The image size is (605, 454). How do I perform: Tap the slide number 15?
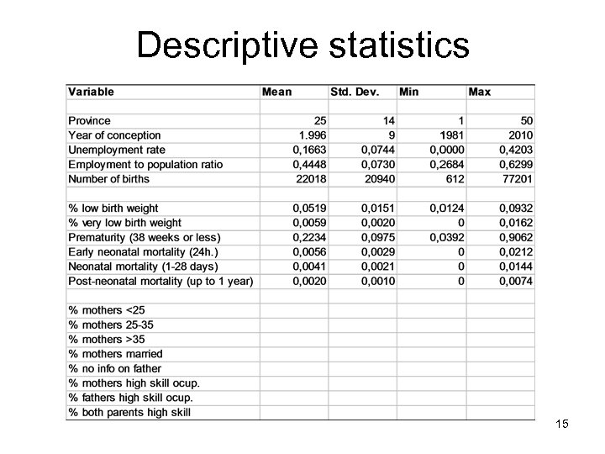coord(562,425)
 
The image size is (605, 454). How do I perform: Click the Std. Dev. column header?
coord(355,91)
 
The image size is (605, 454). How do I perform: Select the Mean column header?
coord(277,91)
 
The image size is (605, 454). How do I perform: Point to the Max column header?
coord(480,91)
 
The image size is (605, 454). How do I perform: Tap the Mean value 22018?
coord(308,178)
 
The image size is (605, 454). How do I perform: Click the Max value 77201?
coord(516,178)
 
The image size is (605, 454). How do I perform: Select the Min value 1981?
coord(450,135)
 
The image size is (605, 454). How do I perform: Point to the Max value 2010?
coord(519,135)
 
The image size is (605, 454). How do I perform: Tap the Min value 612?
coord(455,178)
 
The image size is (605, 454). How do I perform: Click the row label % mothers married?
coord(115,354)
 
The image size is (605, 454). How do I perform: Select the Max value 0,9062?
coord(513,237)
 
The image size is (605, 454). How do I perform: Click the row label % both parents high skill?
coord(129,412)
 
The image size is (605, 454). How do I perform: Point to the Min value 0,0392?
coord(445,237)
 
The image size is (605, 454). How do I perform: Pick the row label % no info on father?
coord(114,368)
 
